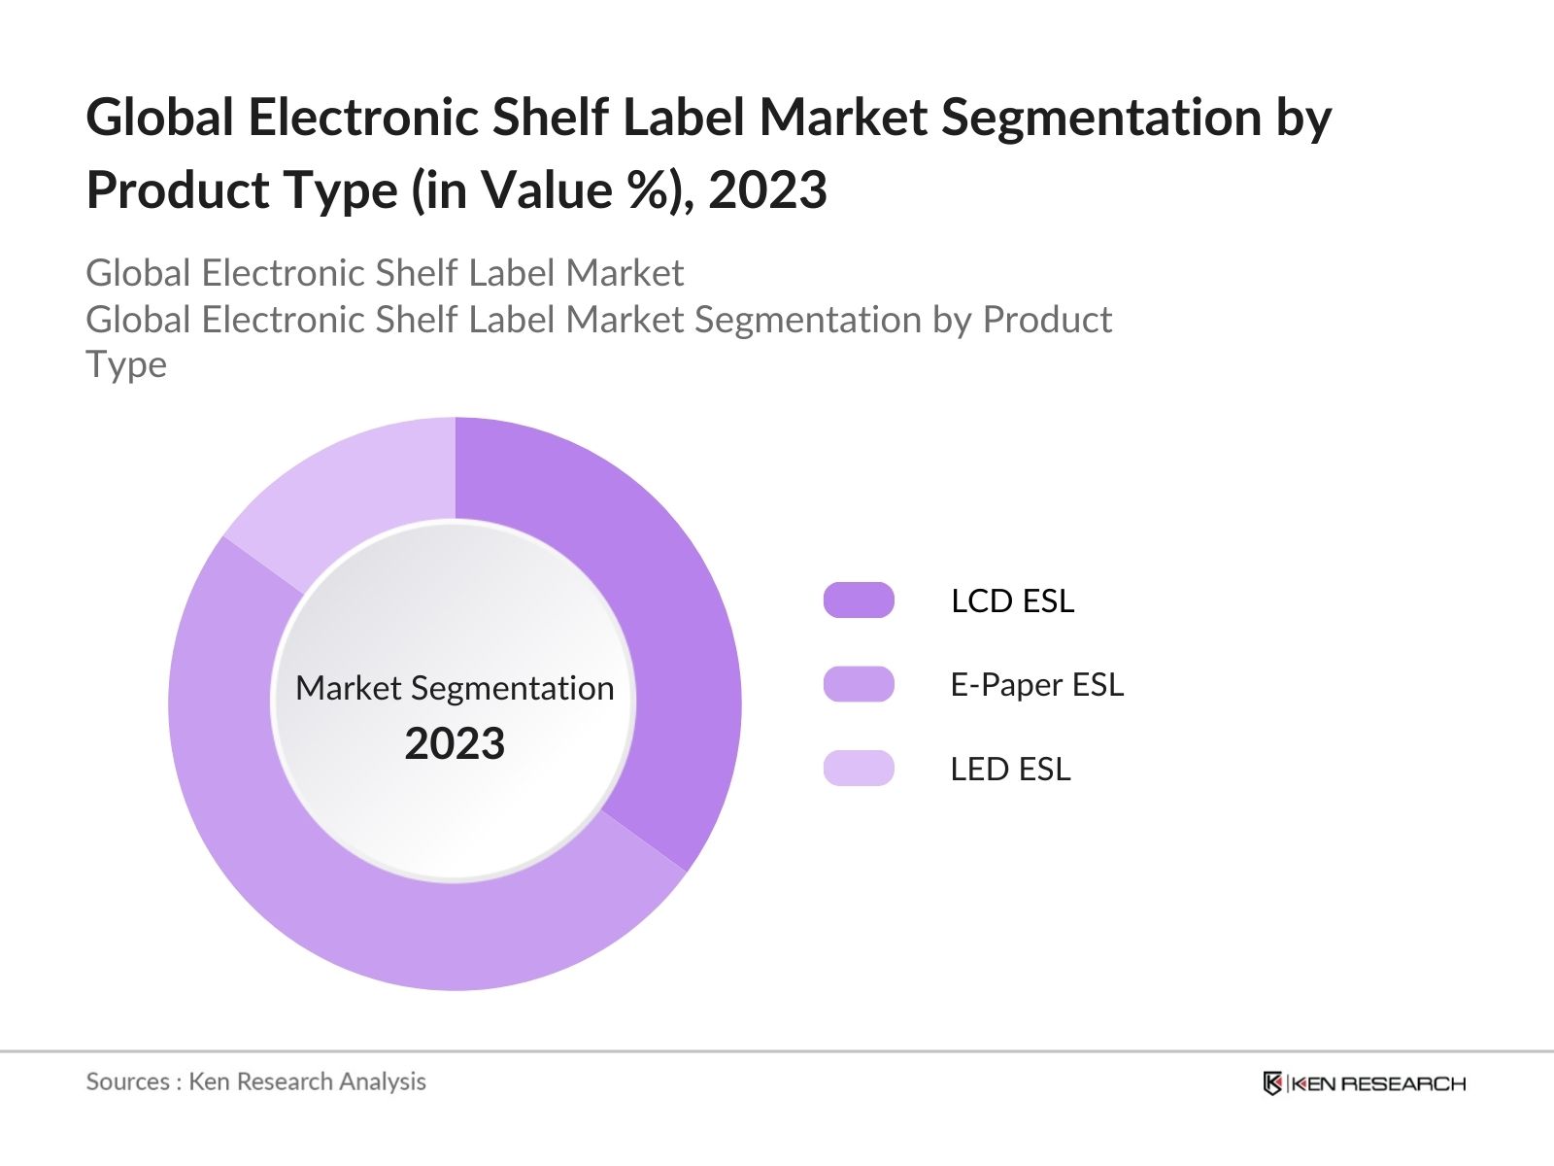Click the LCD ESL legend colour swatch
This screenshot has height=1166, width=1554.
point(859,600)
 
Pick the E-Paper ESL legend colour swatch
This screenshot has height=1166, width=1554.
point(859,684)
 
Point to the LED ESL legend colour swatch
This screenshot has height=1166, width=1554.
point(859,769)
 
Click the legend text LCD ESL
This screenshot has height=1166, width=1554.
point(1012,600)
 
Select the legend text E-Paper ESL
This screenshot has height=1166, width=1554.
point(1036,685)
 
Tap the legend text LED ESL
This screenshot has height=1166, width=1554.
point(1010,770)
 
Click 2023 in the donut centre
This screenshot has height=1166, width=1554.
point(455,744)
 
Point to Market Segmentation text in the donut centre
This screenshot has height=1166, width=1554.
point(455,688)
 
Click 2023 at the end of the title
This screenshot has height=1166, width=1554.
point(767,190)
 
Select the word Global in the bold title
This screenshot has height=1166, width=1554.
point(160,119)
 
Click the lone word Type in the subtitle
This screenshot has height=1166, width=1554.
point(126,365)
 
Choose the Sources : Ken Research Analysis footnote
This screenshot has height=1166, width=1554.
point(255,1081)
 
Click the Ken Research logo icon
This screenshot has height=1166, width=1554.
point(1272,1083)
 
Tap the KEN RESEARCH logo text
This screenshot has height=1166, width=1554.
point(1378,1083)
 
